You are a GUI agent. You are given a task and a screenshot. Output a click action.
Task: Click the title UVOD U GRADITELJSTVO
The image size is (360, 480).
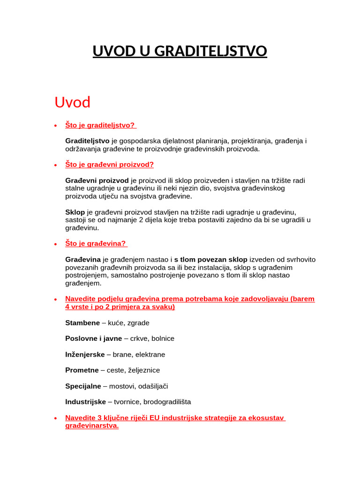(180, 51)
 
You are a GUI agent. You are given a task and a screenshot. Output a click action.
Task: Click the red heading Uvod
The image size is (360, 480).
(72, 102)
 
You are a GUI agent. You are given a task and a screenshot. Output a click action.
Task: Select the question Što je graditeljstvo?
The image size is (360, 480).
(100, 125)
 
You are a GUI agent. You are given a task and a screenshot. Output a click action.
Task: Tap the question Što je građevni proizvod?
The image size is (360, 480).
(109, 165)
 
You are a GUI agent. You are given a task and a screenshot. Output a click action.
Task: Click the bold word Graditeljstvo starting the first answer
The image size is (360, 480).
(87, 141)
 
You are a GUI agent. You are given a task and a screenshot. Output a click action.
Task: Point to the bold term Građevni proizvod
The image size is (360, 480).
(97, 180)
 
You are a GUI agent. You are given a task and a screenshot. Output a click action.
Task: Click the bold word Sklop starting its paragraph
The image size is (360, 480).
(75, 212)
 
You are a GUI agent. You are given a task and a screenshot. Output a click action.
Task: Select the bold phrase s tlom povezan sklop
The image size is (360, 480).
(210, 259)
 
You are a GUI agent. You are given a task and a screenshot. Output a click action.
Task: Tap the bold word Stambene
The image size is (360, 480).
(82, 322)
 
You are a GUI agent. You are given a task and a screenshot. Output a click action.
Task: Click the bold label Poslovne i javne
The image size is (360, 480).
(93, 338)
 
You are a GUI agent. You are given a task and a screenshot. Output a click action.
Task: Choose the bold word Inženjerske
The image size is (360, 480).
(85, 354)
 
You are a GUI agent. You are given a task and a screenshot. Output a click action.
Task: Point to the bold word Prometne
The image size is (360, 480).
(82, 370)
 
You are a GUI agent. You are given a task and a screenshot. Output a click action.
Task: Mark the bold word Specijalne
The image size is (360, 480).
(83, 386)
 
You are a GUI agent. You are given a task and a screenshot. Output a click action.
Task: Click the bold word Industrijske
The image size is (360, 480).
(85, 402)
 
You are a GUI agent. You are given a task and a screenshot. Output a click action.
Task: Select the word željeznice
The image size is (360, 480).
(141, 370)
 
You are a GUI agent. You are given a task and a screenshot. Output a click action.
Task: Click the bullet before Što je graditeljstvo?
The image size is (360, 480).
(56, 126)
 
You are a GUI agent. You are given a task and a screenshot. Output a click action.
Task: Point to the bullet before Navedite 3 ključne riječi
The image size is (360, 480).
(56, 418)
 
